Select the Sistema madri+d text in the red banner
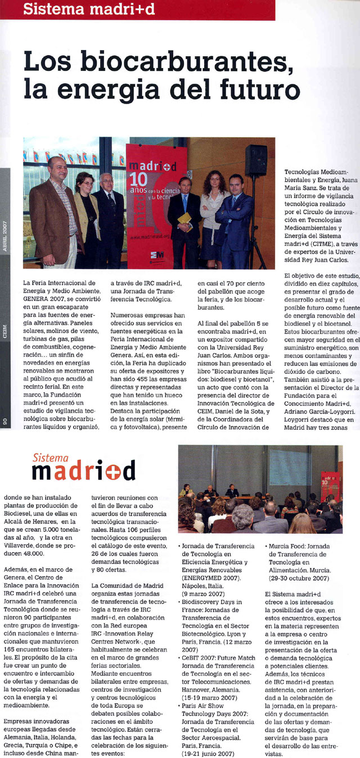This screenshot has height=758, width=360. point(91,8)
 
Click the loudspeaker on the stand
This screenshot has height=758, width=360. point(256,160)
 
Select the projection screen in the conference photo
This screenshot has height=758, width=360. point(287,467)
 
